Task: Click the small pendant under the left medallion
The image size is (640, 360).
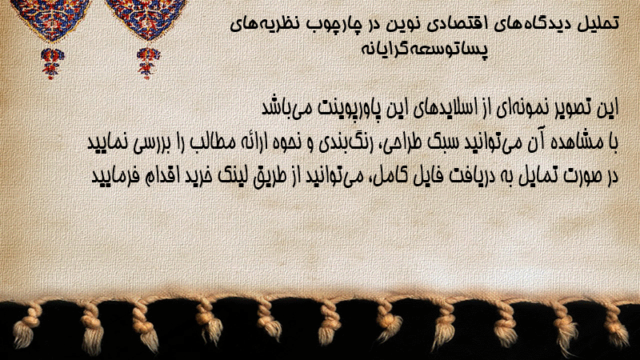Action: [51, 63]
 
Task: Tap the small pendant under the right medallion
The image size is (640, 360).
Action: [148, 63]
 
